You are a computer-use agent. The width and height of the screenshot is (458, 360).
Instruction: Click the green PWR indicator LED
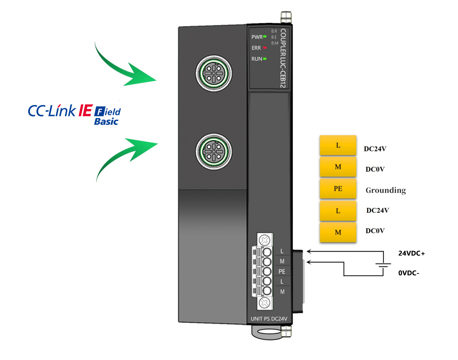coord(265,36)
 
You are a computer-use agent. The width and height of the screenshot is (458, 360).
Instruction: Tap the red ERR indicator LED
coord(265,48)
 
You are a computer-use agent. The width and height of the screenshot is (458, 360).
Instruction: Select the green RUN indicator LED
coord(265,59)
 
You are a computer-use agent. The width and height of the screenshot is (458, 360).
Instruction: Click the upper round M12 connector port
coord(214,73)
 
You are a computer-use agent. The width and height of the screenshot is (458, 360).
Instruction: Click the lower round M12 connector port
coord(214,151)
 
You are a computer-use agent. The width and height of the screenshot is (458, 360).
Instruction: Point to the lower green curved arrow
coord(127,155)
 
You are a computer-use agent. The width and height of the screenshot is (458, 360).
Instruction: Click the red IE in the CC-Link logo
coord(85,111)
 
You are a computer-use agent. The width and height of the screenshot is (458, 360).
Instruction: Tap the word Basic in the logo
coord(106,122)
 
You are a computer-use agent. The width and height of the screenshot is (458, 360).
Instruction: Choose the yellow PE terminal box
coord(338,189)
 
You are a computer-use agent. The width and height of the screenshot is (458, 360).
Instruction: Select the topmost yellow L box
coord(338,145)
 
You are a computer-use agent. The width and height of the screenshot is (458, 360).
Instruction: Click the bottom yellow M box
coord(338,232)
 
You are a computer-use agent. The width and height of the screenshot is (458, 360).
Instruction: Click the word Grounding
coord(386,191)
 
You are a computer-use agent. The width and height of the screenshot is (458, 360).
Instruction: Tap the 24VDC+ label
coord(411,253)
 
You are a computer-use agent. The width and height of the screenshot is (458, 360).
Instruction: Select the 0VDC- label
coord(409,273)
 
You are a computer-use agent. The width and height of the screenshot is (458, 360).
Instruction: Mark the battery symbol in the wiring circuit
coord(383,265)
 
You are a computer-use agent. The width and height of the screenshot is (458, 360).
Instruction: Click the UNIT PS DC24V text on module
coord(269,319)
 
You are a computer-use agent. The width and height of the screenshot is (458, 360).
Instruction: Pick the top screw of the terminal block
coord(265,240)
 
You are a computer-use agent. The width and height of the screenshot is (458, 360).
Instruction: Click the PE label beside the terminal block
coord(282,271)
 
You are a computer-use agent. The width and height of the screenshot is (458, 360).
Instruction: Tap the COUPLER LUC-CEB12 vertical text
coord(283,58)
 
